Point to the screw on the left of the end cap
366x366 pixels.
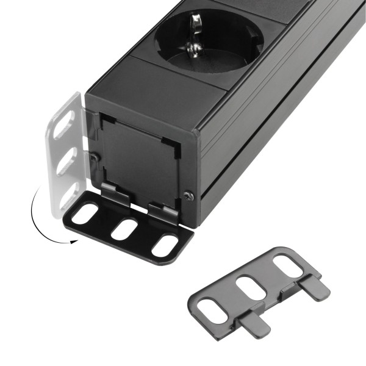[x=93, y=157]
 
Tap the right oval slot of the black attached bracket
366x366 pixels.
[x=165, y=245]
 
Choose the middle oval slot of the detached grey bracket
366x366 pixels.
[x=246, y=287]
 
